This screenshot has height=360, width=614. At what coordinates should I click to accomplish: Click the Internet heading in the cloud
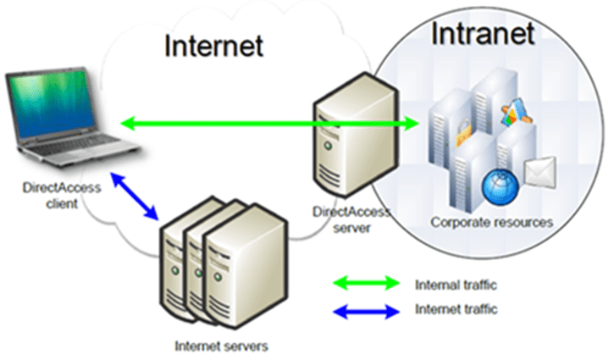pos(214,42)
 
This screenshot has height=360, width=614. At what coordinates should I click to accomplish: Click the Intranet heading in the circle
pos(483,33)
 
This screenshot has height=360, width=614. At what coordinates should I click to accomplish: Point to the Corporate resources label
pos(491,223)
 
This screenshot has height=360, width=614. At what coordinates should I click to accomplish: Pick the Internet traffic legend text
pos(456,309)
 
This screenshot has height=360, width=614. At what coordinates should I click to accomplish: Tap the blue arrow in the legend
pos(366,311)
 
